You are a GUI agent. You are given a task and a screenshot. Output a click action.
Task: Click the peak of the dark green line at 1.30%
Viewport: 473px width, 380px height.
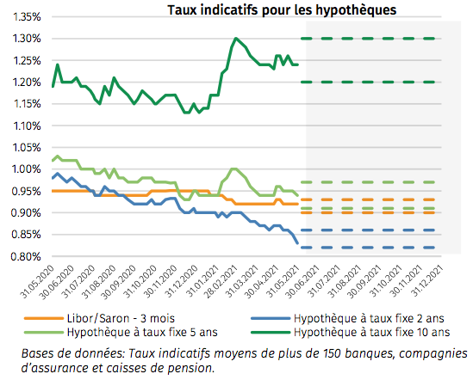point(235,39)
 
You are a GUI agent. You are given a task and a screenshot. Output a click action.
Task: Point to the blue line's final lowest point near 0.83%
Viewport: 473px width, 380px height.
point(298,243)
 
